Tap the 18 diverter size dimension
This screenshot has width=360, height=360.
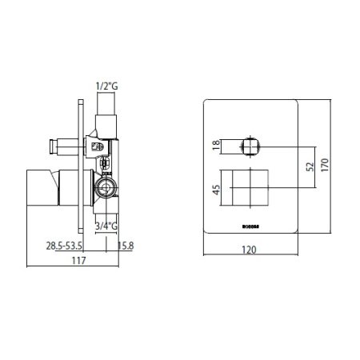pos(214,145)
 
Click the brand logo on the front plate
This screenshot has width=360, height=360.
pos(251,225)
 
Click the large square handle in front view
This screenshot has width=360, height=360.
pos(252,188)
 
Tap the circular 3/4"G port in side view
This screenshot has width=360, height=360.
pos(103,189)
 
